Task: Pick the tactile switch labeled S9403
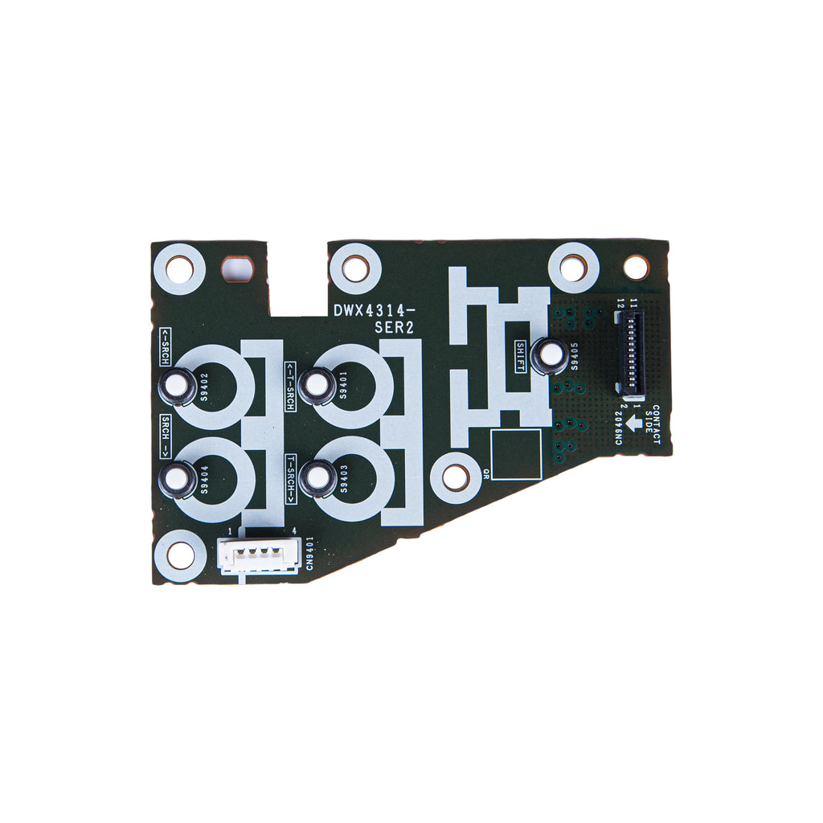317,477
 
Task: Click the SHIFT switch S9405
549,355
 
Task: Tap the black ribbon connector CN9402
630,352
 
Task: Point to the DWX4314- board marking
375,311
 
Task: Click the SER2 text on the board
394,328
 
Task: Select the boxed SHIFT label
520,356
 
